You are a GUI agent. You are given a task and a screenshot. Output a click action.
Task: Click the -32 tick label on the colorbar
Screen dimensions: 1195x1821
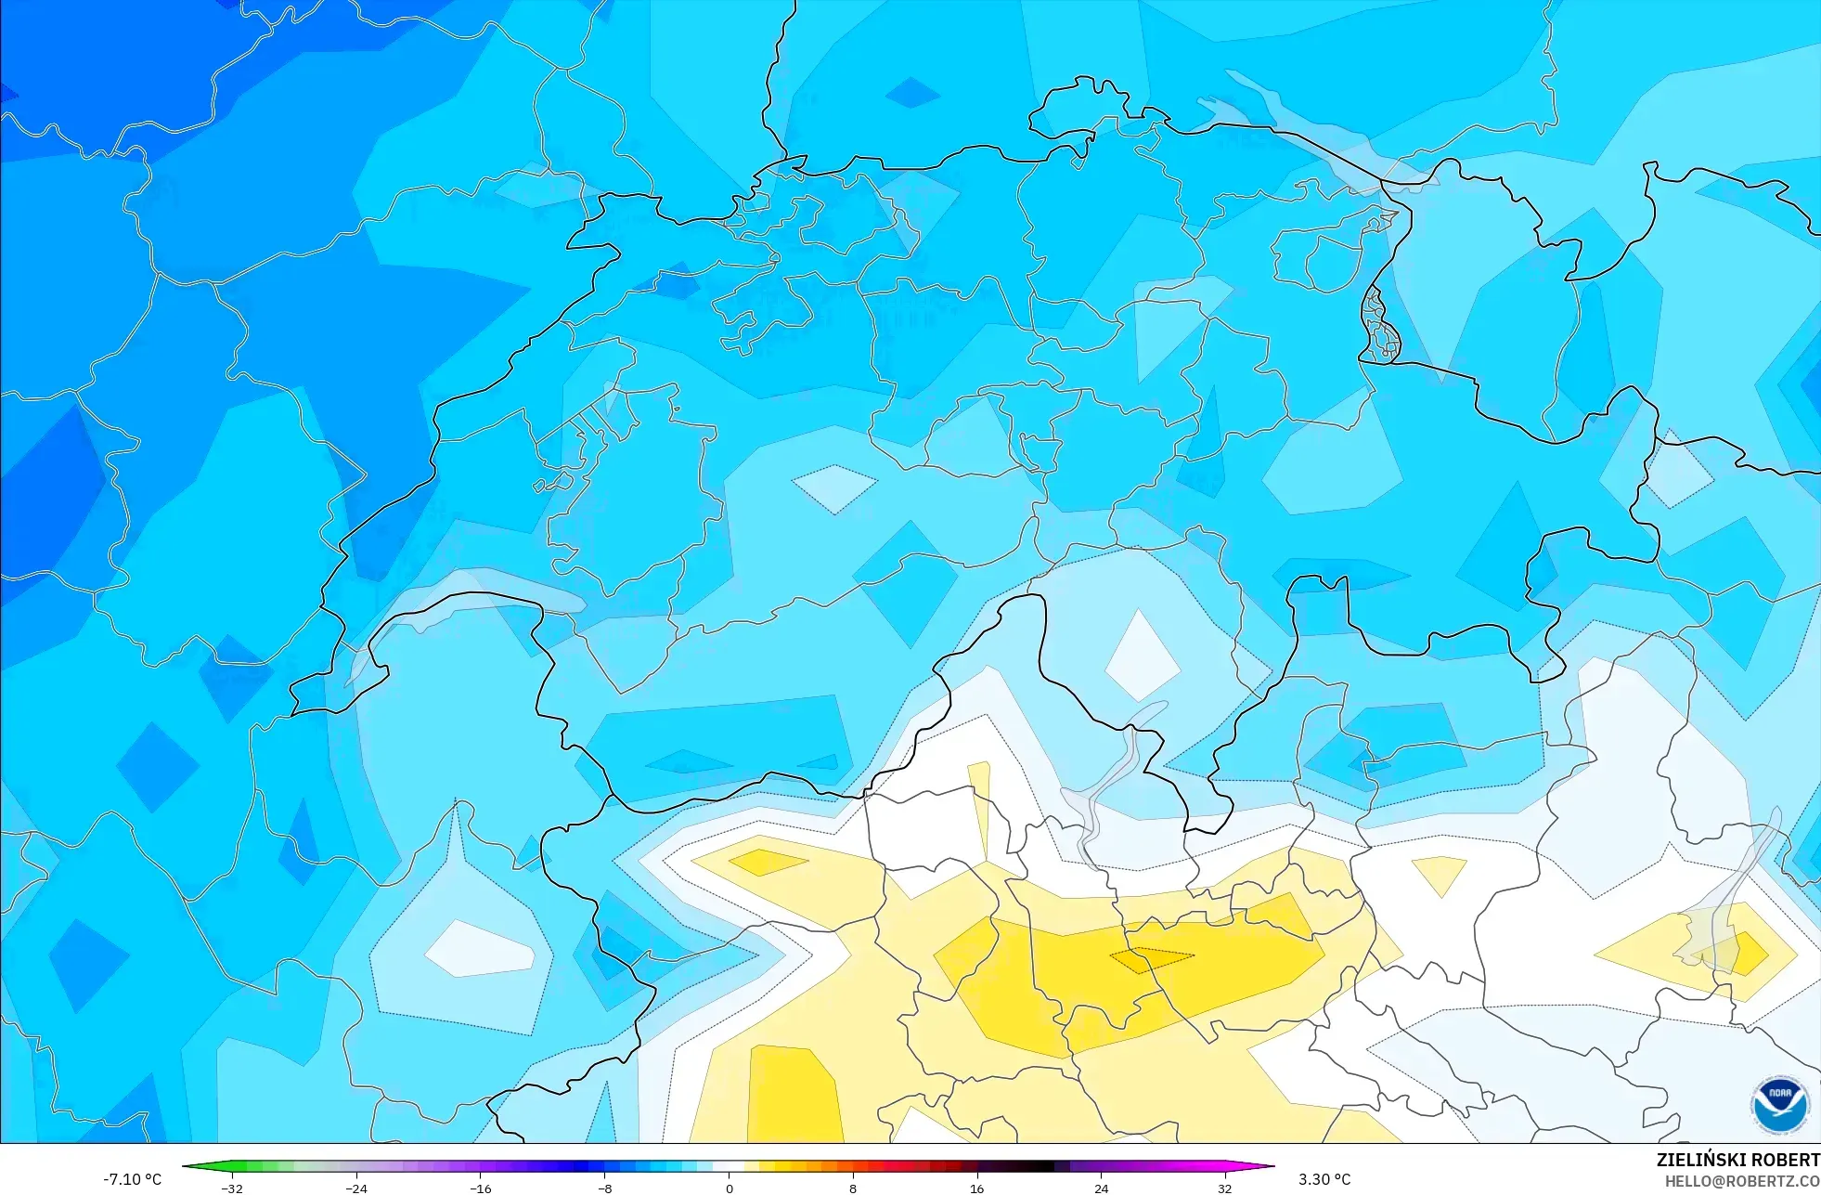(232, 1188)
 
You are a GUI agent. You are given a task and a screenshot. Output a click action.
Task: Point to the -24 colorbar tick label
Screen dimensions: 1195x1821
(356, 1188)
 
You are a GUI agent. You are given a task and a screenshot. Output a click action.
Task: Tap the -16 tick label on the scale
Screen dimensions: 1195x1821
(480, 1188)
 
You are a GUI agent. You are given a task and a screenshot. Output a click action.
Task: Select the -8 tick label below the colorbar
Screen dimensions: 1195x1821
(604, 1188)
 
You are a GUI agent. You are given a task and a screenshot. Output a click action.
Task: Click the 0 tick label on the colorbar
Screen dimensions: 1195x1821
(730, 1188)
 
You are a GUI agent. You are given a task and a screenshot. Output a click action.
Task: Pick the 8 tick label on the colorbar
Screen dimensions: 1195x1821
(853, 1188)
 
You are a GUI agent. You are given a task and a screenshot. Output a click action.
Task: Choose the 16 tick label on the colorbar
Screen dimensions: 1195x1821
(976, 1188)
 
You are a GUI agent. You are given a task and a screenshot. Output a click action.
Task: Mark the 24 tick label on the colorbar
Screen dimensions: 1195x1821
(1101, 1188)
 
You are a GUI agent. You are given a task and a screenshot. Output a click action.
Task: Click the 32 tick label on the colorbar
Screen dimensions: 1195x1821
(1225, 1188)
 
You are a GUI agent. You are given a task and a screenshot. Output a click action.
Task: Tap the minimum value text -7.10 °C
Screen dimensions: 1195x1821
(132, 1179)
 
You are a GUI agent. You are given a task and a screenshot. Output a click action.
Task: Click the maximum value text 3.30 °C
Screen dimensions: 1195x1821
(1324, 1179)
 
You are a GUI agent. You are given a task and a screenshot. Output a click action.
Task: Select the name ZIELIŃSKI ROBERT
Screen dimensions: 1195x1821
(1738, 1160)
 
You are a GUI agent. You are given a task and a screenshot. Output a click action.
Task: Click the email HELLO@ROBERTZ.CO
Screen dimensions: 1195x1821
(1742, 1181)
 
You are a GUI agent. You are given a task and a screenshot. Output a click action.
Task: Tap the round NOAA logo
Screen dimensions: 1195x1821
(1780, 1105)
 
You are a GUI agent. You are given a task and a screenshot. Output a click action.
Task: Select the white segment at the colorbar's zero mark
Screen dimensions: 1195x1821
(730, 1166)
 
